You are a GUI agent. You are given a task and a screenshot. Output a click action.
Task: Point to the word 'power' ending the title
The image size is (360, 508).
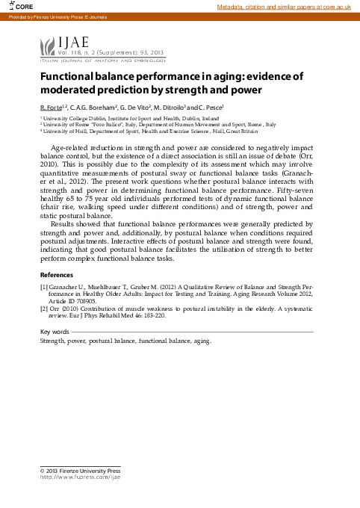pos(245,90)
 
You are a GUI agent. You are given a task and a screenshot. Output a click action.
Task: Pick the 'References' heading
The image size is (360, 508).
pos(56,275)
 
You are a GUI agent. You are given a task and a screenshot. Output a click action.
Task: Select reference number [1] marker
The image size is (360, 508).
pos(44,286)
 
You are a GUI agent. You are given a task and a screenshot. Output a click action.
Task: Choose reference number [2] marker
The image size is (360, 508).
pos(44,308)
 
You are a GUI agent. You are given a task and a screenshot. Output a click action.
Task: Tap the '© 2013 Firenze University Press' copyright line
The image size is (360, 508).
pos(80,473)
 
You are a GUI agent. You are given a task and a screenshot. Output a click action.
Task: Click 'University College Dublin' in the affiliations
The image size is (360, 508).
pos(74,119)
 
